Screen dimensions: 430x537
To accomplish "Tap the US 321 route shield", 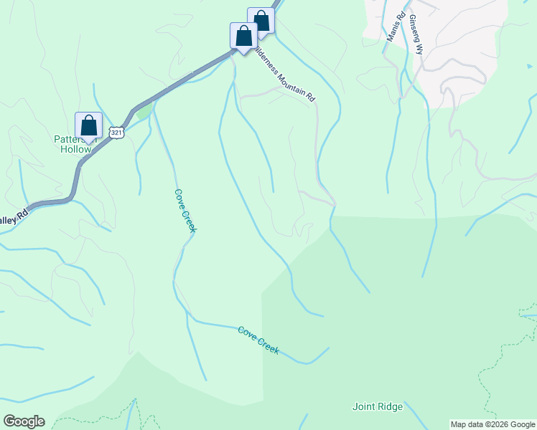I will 117,133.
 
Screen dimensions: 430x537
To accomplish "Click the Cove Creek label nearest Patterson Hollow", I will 185,210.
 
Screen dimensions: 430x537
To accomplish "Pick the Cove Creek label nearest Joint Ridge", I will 258,340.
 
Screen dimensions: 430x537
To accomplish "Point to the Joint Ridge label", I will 378,406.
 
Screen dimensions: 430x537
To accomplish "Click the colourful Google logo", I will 24,421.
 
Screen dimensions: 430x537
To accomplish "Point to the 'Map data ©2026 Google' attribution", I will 493,424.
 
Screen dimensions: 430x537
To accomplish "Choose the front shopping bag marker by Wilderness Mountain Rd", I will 243,36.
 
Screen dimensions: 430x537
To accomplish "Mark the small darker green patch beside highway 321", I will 144,111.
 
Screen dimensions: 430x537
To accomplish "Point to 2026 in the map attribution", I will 498,424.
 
